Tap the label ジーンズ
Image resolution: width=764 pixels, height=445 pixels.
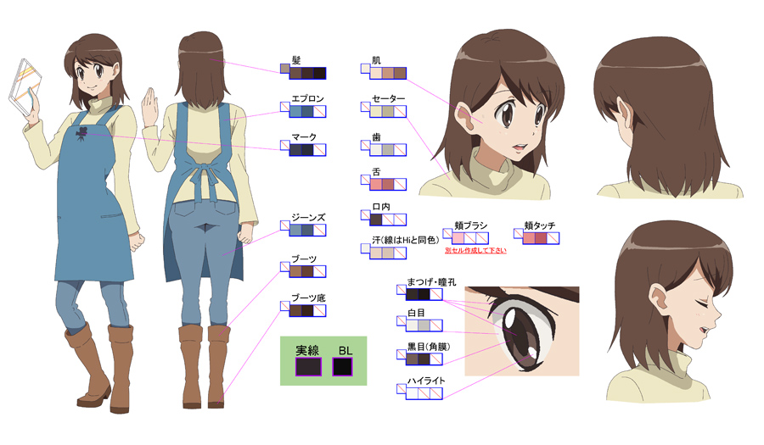click(308, 218)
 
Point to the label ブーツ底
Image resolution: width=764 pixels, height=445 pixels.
click(308, 298)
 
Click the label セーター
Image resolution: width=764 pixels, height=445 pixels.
click(388, 98)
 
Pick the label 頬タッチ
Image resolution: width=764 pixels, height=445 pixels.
click(540, 226)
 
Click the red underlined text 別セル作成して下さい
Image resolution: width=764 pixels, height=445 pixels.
click(475, 252)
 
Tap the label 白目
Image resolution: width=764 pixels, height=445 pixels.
click(416, 313)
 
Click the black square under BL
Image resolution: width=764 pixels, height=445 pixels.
click(343, 367)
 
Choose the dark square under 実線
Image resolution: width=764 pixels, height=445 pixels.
click(307, 367)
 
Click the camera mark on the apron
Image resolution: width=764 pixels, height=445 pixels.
click(80, 136)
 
